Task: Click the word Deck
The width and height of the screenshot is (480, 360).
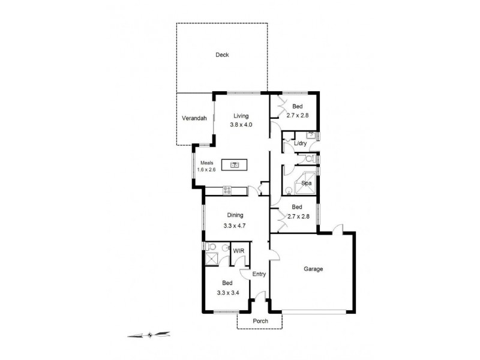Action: point(222,55)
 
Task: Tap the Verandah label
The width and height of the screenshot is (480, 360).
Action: point(194,119)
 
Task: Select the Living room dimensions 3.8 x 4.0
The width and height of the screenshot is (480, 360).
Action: point(241,125)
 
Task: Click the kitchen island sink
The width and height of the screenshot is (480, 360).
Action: point(235,164)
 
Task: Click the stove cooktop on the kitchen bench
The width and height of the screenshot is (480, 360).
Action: point(228,190)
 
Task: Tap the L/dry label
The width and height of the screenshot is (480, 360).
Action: point(300,143)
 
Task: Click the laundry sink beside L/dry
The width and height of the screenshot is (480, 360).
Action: point(311,134)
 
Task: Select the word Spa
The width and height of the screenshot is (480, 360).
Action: point(306,183)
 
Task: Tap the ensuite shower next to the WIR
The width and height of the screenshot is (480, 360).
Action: point(211,259)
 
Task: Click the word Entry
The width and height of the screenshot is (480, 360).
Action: point(259,274)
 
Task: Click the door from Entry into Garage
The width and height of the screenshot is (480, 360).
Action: point(274,254)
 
